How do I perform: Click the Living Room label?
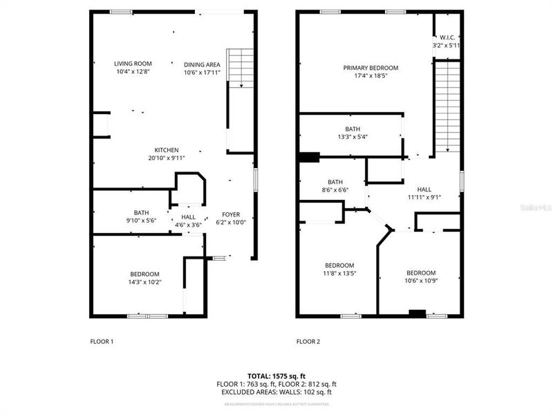(x=133, y=64)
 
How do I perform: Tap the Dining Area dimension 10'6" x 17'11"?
(x=202, y=72)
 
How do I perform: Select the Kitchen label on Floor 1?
(x=167, y=150)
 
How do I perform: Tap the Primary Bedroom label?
(x=371, y=68)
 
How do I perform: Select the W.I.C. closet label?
(x=447, y=37)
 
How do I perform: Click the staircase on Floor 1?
(x=241, y=68)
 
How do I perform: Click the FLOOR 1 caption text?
(x=102, y=342)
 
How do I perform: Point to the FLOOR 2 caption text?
(x=308, y=342)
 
